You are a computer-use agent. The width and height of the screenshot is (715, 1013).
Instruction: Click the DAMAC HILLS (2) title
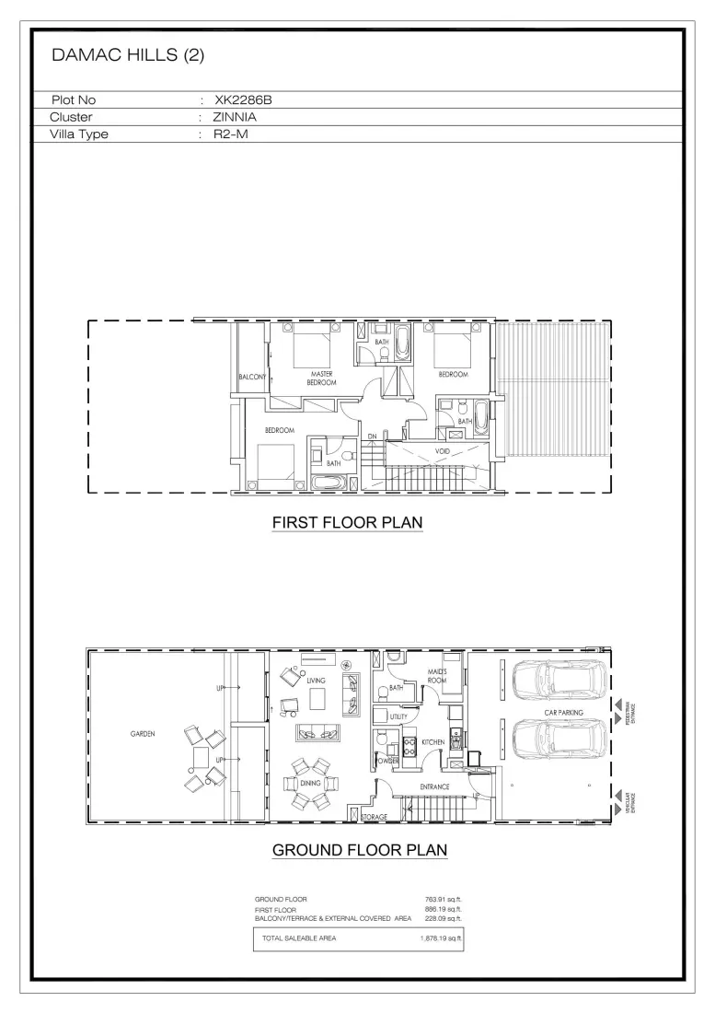coord(128,55)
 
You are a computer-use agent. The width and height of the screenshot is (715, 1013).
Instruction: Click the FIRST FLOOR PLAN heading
coord(347,523)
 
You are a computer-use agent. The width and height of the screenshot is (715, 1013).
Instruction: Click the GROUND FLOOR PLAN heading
coord(360,850)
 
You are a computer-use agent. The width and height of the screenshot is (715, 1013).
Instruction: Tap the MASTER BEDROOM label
coord(321,378)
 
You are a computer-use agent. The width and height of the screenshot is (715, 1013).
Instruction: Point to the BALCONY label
coord(251,378)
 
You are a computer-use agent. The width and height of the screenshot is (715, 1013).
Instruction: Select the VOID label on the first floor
coord(442,451)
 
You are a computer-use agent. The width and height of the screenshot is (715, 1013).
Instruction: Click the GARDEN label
coord(142,734)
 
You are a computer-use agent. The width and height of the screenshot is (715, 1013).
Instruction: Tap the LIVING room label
coord(317,681)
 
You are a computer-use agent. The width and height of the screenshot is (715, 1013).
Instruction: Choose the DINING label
coord(309,783)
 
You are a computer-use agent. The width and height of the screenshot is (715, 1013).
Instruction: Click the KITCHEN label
coord(433,741)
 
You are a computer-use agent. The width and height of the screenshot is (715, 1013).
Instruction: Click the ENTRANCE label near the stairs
coord(434,786)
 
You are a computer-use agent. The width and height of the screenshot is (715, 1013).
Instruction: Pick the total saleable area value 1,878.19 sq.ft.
coord(439,938)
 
